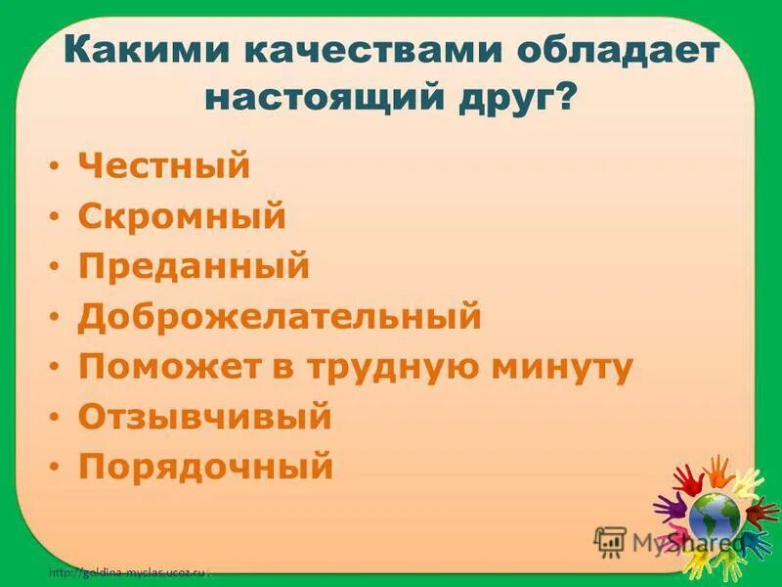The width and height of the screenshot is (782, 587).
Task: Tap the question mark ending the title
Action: pyautogui.click(x=564, y=98)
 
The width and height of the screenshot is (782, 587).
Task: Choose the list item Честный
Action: pyautogui.click(x=164, y=165)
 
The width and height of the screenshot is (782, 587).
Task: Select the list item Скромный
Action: pyautogui.click(x=182, y=216)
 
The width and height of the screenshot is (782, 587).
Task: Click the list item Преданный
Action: pyautogui.click(x=194, y=266)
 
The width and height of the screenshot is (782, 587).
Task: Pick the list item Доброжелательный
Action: pyautogui.click(x=280, y=316)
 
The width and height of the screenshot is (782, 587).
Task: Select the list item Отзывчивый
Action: pyautogui.click(x=205, y=418)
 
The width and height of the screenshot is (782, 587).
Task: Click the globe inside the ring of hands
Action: pyautogui.click(x=715, y=516)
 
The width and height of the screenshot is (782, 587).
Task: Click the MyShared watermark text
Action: pyautogui.click(x=684, y=541)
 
